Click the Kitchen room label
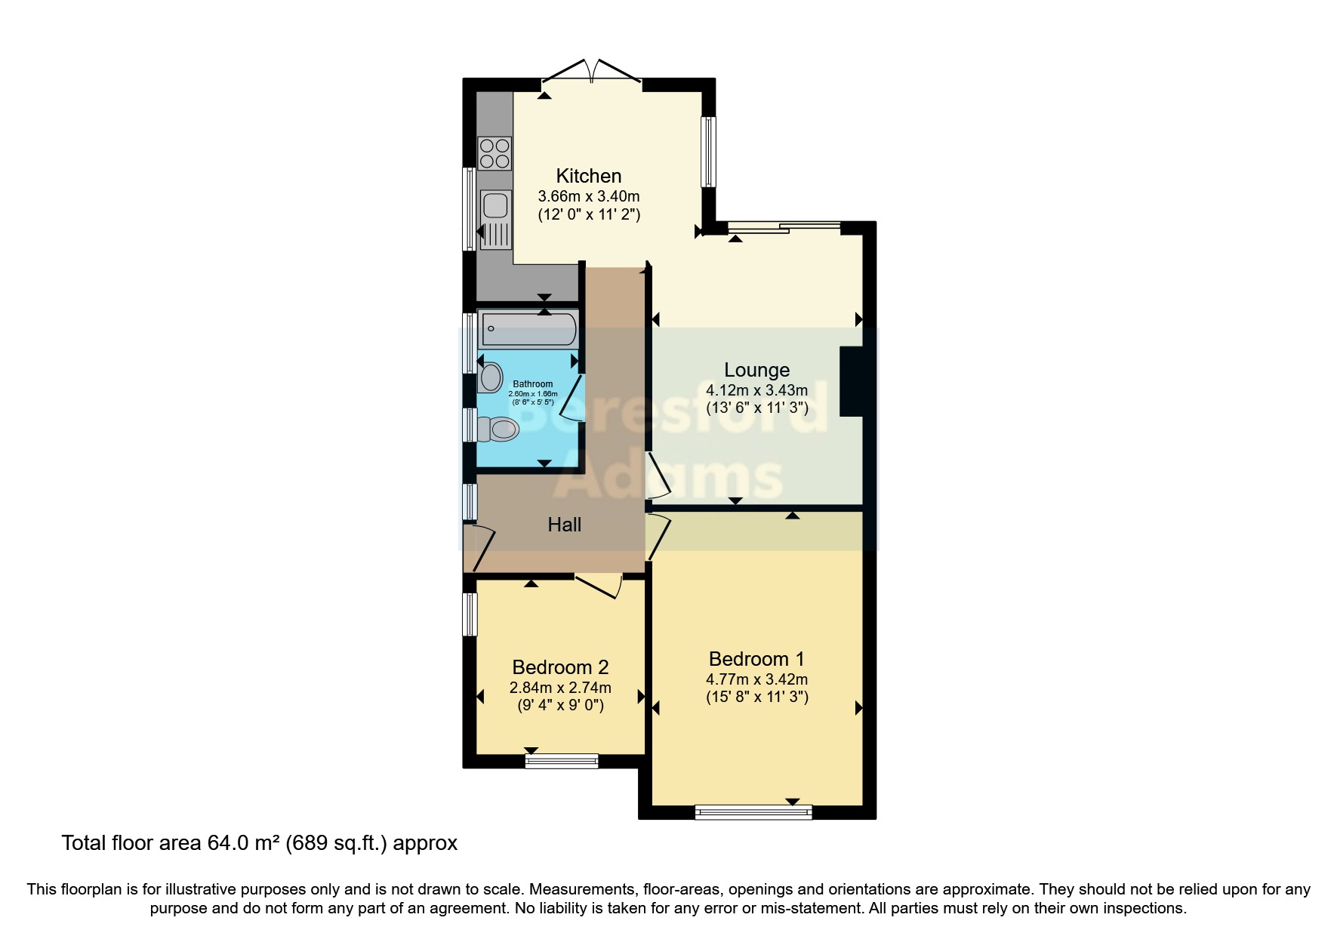(588, 176)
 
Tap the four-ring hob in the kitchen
(494, 153)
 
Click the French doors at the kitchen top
(593, 72)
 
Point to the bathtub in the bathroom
(528, 329)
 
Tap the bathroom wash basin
(491, 377)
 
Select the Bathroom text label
(533, 384)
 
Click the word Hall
(564, 525)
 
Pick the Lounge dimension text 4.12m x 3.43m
(756, 390)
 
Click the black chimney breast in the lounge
(852, 381)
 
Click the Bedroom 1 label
(756, 659)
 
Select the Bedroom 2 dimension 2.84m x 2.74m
(560, 688)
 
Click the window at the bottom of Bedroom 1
(753, 812)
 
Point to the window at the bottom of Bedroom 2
(562, 761)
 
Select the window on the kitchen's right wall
(708, 151)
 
